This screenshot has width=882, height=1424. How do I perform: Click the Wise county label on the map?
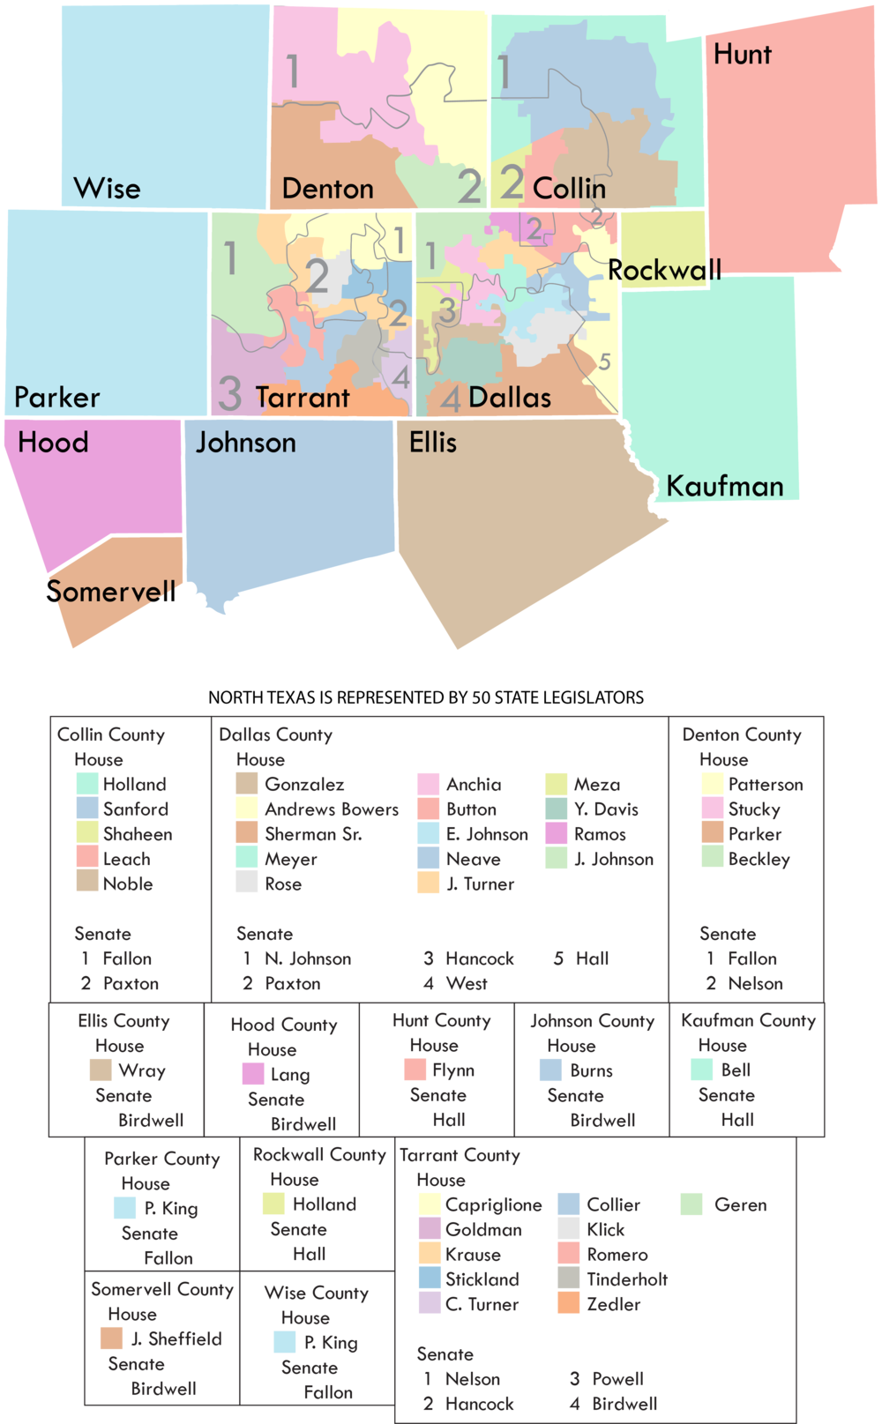click(x=107, y=189)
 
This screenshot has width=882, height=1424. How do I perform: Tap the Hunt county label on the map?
click(x=742, y=55)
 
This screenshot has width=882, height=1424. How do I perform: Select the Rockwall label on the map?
click(x=664, y=270)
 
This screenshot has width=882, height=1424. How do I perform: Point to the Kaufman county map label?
click(x=724, y=486)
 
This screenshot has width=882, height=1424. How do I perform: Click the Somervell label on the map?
click(x=111, y=591)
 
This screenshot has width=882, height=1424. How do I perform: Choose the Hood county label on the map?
click(x=53, y=442)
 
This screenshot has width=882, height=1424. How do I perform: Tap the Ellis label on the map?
click(x=432, y=442)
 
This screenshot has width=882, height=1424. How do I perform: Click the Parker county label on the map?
click(x=57, y=398)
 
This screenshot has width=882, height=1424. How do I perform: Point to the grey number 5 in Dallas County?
click(x=604, y=362)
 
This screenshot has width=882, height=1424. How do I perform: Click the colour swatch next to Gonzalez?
click(x=247, y=784)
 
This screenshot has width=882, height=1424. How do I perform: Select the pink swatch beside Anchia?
click(x=429, y=784)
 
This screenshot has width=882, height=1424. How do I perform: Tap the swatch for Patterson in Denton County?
click(x=712, y=784)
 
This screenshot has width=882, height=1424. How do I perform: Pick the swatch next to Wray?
click(x=101, y=1070)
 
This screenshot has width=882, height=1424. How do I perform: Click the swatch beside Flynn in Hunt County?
click(x=415, y=1070)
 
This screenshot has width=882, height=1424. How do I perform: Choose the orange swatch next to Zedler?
click(x=569, y=1303)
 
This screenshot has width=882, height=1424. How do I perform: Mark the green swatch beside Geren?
click(x=691, y=1204)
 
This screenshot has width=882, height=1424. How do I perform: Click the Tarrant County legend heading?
click(x=460, y=1155)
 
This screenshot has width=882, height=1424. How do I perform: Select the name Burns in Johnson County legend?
click(x=591, y=1070)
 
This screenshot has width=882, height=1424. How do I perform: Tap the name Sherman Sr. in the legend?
click(x=313, y=834)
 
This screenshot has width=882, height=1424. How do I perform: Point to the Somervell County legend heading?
click(x=162, y=1289)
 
